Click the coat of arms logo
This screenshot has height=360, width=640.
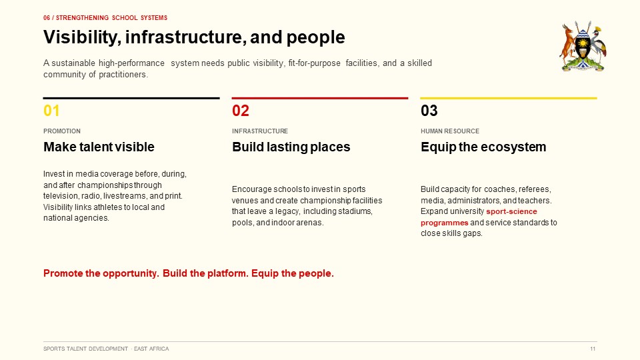pos(583,46)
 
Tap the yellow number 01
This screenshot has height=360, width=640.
pos(51,111)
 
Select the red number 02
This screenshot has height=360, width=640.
pos(241,111)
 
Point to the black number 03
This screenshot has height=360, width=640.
pos(429,111)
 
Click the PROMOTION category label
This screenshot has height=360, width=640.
pos(62,131)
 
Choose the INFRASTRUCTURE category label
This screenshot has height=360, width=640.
pos(260,131)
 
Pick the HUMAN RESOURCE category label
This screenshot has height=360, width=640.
pos(450,131)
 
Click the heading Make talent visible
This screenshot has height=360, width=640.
pos(99,147)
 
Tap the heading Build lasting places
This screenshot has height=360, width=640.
pos(291,147)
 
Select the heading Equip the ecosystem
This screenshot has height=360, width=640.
pos(483,147)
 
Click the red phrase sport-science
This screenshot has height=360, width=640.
pos(511,211)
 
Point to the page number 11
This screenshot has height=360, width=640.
pos(593,349)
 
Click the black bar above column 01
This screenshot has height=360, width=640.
pos(131,98)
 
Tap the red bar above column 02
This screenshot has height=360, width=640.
pos(320,98)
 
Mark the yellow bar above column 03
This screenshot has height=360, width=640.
pos(509,98)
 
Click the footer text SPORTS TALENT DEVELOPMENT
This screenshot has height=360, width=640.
pos(86,349)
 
